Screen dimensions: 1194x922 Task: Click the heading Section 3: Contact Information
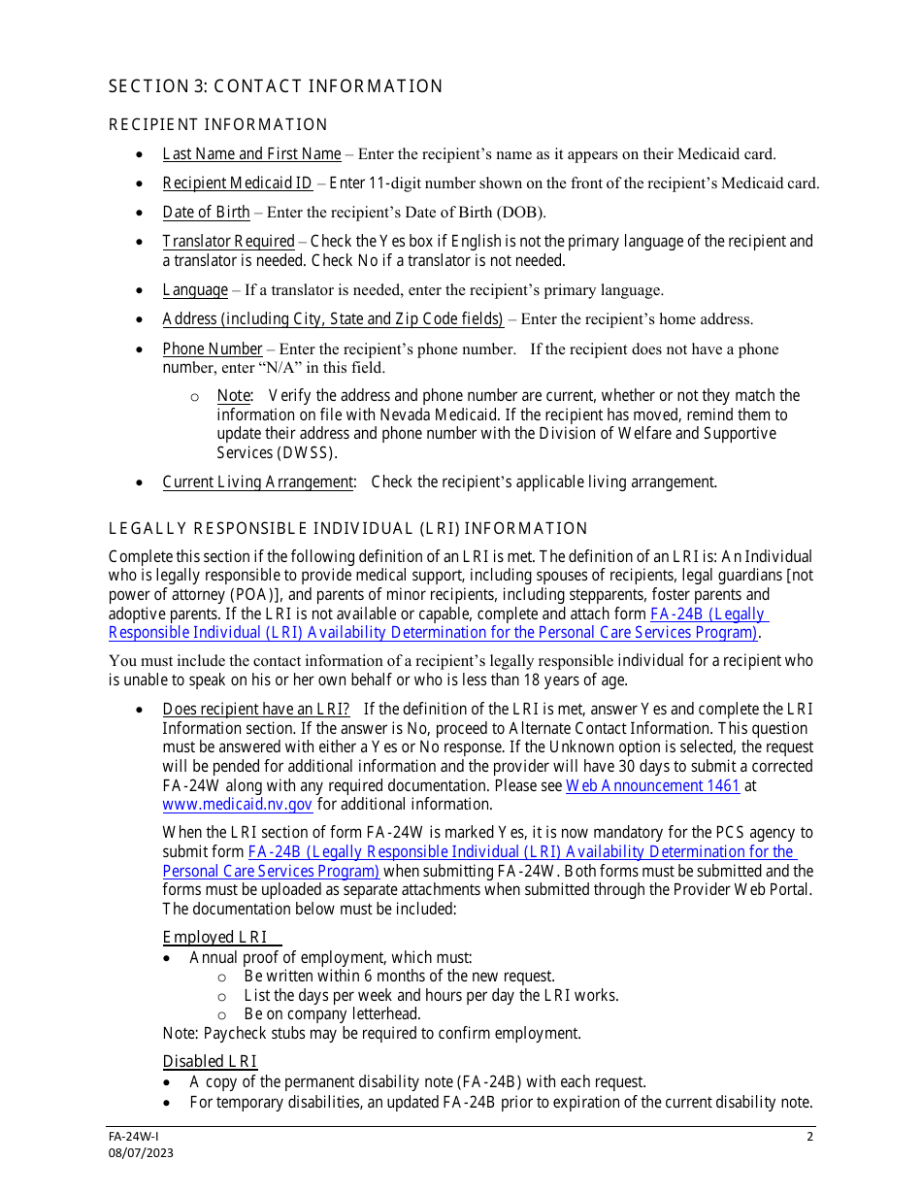pos(276,86)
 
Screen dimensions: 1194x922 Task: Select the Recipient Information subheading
pos(218,124)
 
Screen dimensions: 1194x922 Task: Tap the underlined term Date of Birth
pos(206,212)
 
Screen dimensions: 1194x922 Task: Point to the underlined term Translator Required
pos(228,241)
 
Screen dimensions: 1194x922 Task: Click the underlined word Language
pos(195,289)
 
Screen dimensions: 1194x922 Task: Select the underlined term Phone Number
pos(213,348)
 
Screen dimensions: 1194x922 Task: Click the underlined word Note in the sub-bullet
pos(234,395)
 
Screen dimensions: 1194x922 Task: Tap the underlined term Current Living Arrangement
pos(258,481)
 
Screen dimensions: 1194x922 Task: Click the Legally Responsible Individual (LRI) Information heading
pos(348,528)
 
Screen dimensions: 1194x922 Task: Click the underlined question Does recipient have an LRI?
pos(256,709)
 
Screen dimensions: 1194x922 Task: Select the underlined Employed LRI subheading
pos(214,937)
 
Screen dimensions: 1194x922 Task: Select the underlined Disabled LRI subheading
pos(210,1061)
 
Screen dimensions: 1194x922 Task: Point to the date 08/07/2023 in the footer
pos(141,1153)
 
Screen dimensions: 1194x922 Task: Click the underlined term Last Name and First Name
pos(251,153)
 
